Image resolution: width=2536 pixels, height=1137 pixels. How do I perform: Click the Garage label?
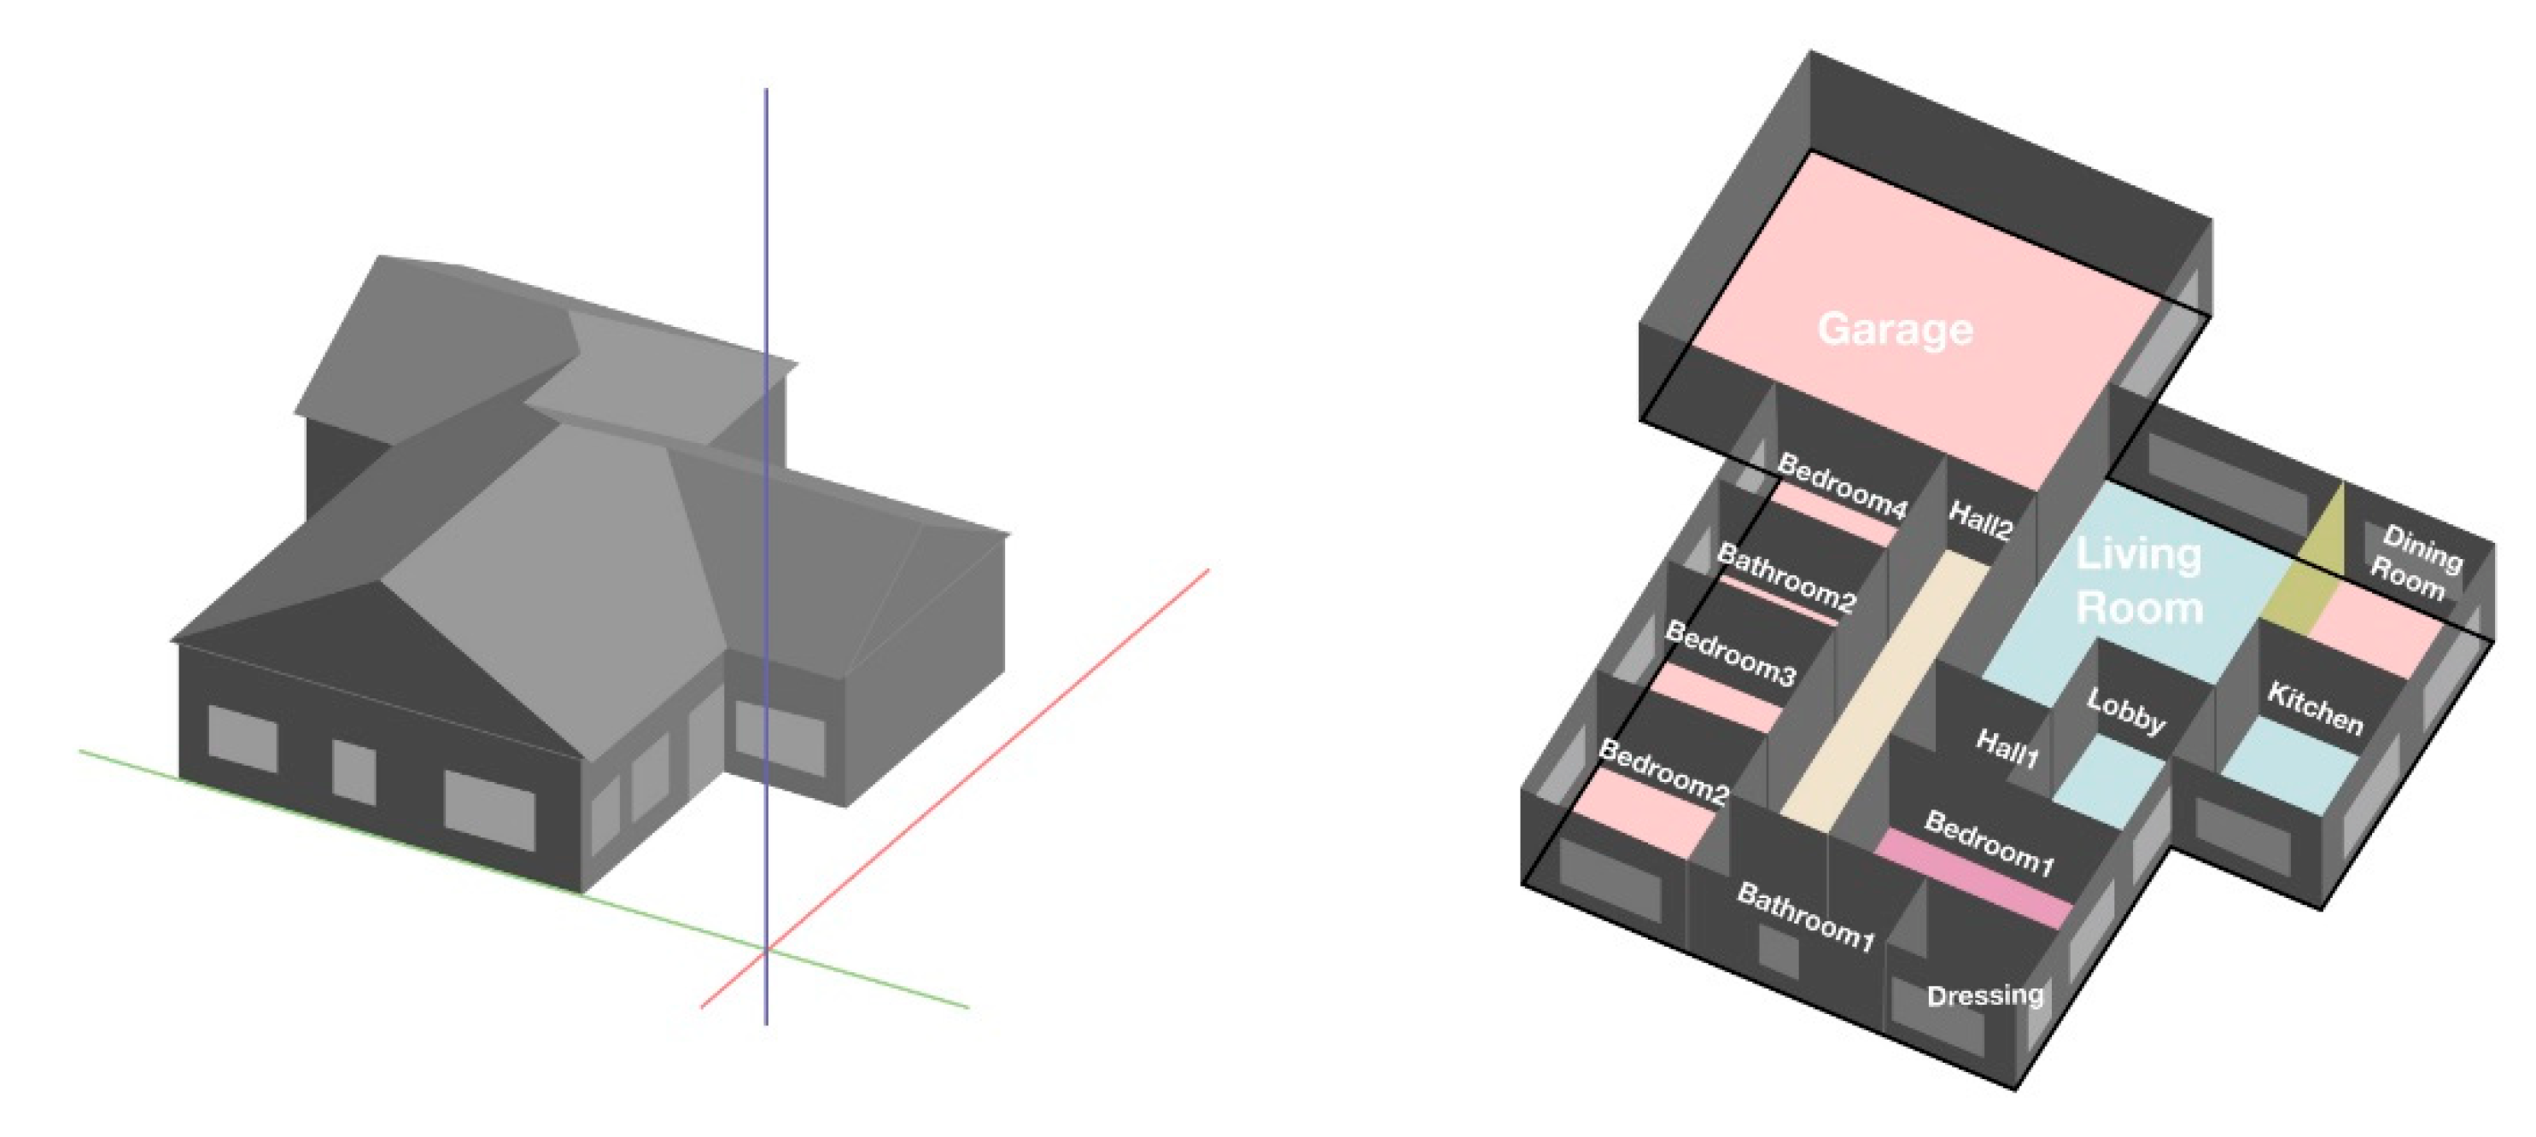pyautogui.click(x=1895, y=329)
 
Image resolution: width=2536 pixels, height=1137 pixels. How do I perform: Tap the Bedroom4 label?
pyautogui.click(x=1843, y=487)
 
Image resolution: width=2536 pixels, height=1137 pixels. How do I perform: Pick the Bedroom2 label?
pyautogui.click(x=1663, y=773)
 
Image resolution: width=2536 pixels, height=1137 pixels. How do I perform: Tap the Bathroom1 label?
pyautogui.click(x=1806, y=918)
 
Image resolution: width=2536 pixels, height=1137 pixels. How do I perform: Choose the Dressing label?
pyautogui.click(x=1984, y=995)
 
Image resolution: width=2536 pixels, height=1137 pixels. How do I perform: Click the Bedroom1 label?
pyautogui.click(x=1990, y=843)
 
